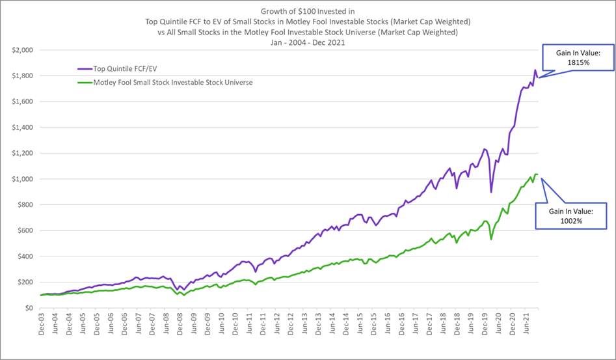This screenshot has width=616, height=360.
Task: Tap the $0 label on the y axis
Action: tap(30, 308)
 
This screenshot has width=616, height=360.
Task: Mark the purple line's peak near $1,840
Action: tap(535, 70)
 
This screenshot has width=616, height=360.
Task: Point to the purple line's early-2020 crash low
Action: tap(491, 191)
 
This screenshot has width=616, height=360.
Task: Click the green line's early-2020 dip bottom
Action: tap(491, 240)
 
